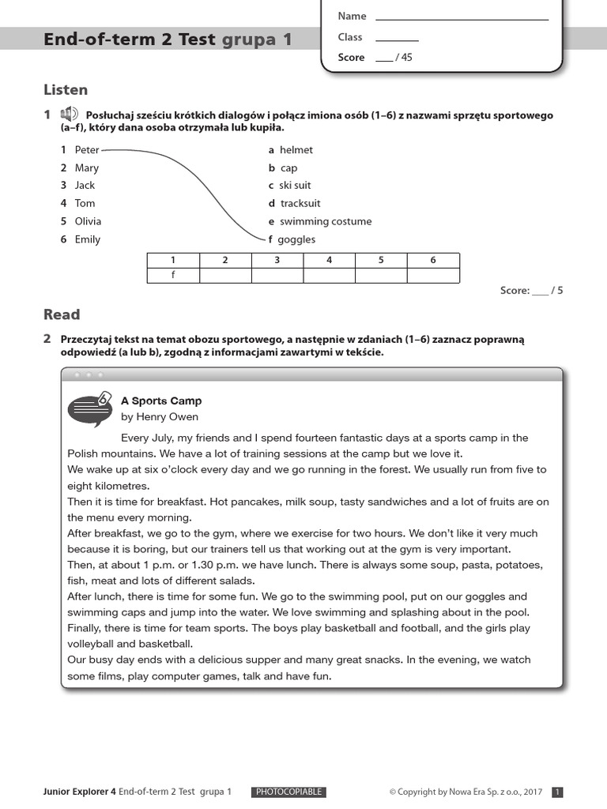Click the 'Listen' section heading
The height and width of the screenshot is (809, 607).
(x=66, y=90)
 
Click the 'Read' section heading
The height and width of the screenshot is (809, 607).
(x=62, y=314)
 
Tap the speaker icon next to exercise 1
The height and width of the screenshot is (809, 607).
(x=69, y=115)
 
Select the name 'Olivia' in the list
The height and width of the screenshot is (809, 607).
(x=88, y=221)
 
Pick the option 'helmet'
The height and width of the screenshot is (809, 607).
(x=296, y=150)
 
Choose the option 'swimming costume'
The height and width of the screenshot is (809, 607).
(x=325, y=221)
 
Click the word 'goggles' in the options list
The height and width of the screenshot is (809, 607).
(x=296, y=239)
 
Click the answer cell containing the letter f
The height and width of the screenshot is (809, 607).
(x=173, y=275)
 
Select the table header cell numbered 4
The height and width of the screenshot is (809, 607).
(x=329, y=260)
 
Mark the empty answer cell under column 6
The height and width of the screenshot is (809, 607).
(x=432, y=275)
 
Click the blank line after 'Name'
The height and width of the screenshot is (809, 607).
(x=462, y=17)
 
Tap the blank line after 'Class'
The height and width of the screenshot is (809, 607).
(x=397, y=38)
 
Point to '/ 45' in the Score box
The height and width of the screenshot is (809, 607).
(x=403, y=58)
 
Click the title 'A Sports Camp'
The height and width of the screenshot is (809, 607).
(x=160, y=401)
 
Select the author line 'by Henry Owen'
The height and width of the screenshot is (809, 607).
(x=159, y=416)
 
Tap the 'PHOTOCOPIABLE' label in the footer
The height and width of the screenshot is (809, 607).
(x=288, y=792)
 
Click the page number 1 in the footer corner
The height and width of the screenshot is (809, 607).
(x=556, y=792)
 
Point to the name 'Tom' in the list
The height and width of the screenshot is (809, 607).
(x=85, y=203)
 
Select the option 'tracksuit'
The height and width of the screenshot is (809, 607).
(x=300, y=203)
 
